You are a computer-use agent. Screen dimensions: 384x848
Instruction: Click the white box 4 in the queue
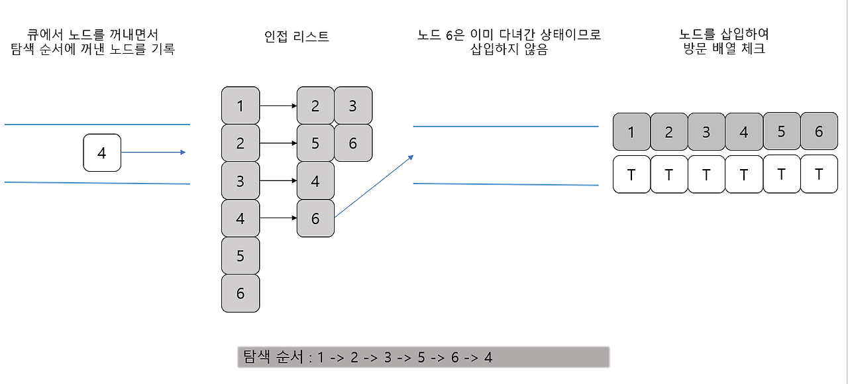[x=102, y=153]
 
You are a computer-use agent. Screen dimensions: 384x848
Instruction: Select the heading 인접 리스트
[x=296, y=36]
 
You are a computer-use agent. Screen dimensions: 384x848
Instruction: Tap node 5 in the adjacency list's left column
[x=240, y=256]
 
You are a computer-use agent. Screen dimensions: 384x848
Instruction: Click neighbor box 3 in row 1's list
[x=352, y=105]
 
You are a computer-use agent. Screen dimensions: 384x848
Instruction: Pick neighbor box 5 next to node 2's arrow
[x=315, y=143]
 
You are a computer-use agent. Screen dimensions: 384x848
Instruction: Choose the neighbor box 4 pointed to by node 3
[x=315, y=180]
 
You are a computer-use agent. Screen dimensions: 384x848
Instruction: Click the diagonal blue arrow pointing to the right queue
[x=374, y=186]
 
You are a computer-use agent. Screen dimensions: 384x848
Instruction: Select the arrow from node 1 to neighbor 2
[x=278, y=105]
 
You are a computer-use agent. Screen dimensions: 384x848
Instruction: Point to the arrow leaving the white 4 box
[x=153, y=153]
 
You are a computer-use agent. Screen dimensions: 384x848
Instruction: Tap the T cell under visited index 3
[x=706, y=174]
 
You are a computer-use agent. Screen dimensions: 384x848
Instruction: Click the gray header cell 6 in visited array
[x=819, y=131]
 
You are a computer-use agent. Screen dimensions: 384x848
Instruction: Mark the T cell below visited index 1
[x=631, y=174]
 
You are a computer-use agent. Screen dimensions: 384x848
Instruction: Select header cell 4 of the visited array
[x=744, y=131]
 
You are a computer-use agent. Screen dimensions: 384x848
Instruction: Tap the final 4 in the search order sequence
[x=488, y=357]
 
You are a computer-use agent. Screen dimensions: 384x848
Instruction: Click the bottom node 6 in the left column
[x=240, y=293]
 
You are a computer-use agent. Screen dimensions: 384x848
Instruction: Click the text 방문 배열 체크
[x=724, y=49]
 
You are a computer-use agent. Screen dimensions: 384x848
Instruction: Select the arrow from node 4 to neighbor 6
[x=278, y=218]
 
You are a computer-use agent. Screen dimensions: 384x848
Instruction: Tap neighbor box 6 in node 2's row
[x=352, y=143]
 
